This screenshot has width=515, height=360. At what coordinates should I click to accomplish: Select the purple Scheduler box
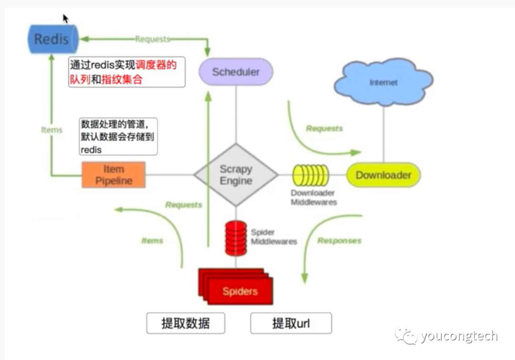click(236, 72)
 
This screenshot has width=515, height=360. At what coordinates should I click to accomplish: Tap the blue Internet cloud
click(383, 82)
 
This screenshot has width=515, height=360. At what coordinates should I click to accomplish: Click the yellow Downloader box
click(383, 175)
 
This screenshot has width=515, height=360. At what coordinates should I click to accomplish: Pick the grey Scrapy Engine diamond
click(236, 175)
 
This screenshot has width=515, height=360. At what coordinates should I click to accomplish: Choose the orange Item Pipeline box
click(113, 175)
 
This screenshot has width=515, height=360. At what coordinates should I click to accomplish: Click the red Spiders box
click(239, 290)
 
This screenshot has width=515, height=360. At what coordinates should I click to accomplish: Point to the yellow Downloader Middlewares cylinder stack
click(310, 175)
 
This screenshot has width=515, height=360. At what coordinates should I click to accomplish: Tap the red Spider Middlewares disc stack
click(236, 237)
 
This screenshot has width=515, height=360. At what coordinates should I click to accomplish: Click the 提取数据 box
click(185, 324)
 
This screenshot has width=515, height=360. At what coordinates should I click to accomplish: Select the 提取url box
click(291, 324)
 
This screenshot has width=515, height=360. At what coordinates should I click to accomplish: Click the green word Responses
click(339, 241)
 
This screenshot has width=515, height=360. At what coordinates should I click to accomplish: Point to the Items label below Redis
click(52, 130)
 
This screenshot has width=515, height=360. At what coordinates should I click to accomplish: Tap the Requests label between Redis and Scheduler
click(152, 39)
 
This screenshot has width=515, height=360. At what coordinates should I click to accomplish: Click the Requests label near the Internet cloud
click(324, 128)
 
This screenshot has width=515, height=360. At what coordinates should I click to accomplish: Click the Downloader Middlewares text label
click(313, 197)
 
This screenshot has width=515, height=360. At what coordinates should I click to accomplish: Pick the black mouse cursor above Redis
click(65, 19)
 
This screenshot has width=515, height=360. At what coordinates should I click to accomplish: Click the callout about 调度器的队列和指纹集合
click(126, 72)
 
